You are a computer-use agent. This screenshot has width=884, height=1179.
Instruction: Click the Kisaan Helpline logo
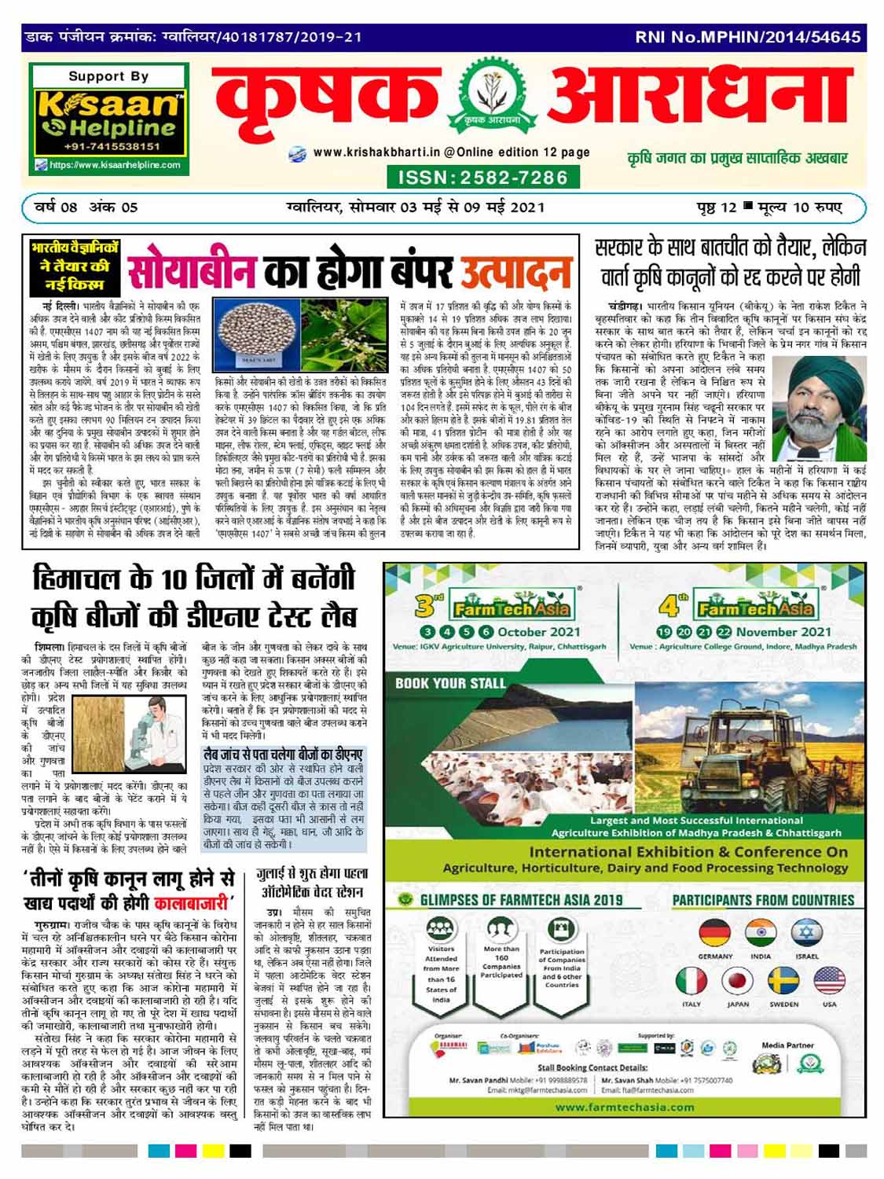click(x=108, y=119)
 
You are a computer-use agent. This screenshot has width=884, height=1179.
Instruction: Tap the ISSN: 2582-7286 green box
click(x=482, y=177)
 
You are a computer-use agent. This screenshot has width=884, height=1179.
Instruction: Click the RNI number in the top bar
click(x=747, y=36)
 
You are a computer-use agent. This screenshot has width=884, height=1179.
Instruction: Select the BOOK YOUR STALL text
click(x=450, y=683)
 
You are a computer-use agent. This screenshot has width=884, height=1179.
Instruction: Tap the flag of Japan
click(x=738, y=982)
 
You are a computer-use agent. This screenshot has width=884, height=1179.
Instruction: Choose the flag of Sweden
click(x=783, y=982)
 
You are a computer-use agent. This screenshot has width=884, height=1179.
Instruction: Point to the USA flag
click(x=829, y=982)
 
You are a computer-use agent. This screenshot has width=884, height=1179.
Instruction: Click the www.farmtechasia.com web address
click(x=625, y=1107)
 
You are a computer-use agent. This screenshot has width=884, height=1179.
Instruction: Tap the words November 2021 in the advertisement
click(x=783, y=631)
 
